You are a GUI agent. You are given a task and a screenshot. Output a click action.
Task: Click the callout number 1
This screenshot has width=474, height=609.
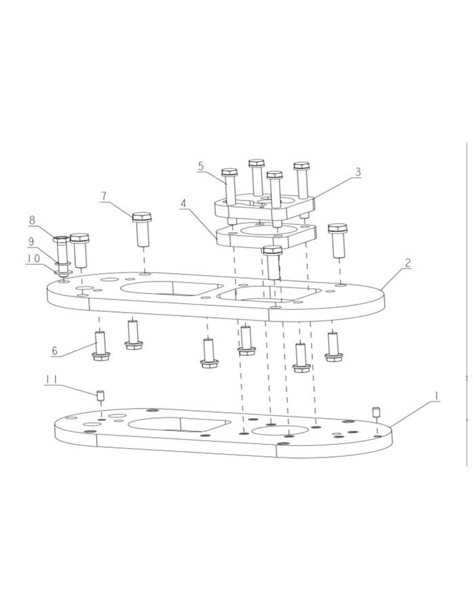436,396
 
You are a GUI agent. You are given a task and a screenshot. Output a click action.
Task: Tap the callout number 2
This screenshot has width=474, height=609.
408,263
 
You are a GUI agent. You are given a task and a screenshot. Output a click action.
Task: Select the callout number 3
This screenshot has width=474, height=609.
358,171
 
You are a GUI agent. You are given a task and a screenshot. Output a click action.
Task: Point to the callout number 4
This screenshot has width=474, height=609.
184,203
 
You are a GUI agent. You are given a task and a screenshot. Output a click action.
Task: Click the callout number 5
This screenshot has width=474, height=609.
200,166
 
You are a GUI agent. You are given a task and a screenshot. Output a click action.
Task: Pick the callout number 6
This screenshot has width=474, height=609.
54,351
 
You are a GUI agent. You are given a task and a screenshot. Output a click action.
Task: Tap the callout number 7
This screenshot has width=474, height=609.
104,196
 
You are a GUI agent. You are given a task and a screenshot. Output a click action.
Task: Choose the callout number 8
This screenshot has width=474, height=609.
33,220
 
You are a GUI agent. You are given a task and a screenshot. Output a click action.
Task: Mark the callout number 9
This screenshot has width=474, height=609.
31,242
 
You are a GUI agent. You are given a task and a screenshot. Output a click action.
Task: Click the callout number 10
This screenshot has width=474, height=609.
33,258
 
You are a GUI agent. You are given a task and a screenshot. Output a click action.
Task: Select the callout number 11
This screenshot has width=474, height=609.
51,380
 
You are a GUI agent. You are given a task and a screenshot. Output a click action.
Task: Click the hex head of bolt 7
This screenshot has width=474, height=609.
142,217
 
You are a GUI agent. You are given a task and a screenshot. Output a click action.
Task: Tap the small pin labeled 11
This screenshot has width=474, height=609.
100,396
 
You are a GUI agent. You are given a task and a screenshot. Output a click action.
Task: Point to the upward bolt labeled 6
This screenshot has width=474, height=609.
100,346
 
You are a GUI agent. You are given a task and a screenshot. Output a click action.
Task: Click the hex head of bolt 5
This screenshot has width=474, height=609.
229,173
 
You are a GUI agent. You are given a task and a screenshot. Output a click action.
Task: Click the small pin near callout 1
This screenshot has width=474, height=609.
376,412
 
